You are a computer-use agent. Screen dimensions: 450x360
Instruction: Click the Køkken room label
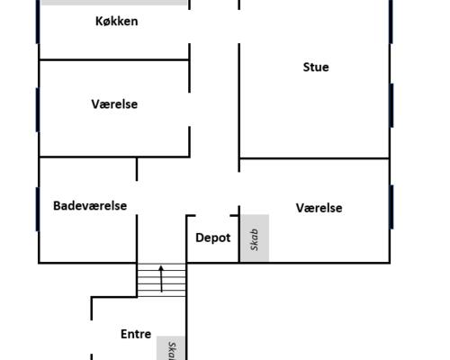click(117, 22)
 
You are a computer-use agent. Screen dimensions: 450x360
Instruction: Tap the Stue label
click(316, 67)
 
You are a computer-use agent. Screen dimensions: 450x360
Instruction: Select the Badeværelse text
click(90, 206)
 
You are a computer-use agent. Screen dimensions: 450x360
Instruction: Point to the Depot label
click(213, 238)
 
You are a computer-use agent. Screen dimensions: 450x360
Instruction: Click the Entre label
click(136, 334)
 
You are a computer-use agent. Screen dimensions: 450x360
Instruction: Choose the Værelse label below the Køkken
click(114, 104)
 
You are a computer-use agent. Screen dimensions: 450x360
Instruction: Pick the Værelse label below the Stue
click(319, 208)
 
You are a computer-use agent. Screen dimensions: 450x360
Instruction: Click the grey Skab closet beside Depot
click(255, 238)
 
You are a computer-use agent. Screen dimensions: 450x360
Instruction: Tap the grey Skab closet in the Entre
click(171, 348)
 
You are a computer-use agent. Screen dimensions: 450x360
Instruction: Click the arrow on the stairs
click(161, 279)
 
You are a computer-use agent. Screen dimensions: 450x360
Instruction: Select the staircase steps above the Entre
click(161, 280)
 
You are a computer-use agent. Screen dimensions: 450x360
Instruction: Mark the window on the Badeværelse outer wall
click(38, 209)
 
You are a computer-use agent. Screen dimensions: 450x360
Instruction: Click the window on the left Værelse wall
click(38, 110)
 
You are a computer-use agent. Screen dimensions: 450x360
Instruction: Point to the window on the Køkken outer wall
click(38, 22)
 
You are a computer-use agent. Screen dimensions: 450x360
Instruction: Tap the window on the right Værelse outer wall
click(391, 207)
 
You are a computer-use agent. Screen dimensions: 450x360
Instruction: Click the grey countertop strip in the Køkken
click(114, 3)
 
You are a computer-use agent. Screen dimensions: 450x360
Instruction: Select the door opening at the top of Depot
click(212, 215)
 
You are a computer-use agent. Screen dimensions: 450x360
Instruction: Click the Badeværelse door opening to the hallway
click(137, 198)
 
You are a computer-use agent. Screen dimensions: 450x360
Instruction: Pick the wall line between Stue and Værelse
click(315, 158)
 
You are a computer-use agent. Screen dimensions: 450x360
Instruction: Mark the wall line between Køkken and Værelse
click(114, 60)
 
